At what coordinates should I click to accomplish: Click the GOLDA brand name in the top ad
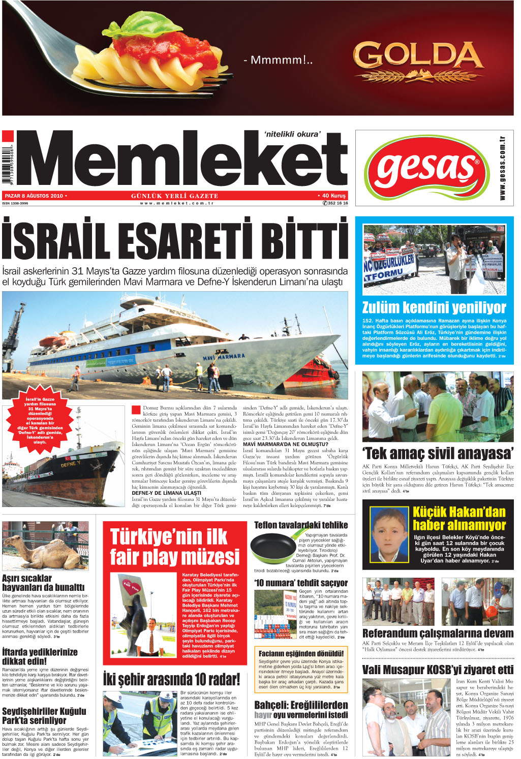[417, 56]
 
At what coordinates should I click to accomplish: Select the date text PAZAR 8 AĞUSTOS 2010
[34, 196]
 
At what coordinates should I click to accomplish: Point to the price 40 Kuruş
[333, 196]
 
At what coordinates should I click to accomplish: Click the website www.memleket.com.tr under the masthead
[176, 203]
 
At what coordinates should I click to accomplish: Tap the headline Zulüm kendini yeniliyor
[434, 307]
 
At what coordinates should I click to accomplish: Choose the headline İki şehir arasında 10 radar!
[171, 679]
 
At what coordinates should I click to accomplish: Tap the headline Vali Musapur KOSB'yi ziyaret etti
[438, 670]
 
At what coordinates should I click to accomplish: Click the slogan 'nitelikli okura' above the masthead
[292, 134]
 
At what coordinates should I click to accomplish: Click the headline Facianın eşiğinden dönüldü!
[301, 653]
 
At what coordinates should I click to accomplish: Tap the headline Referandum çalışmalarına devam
[438, 633]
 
